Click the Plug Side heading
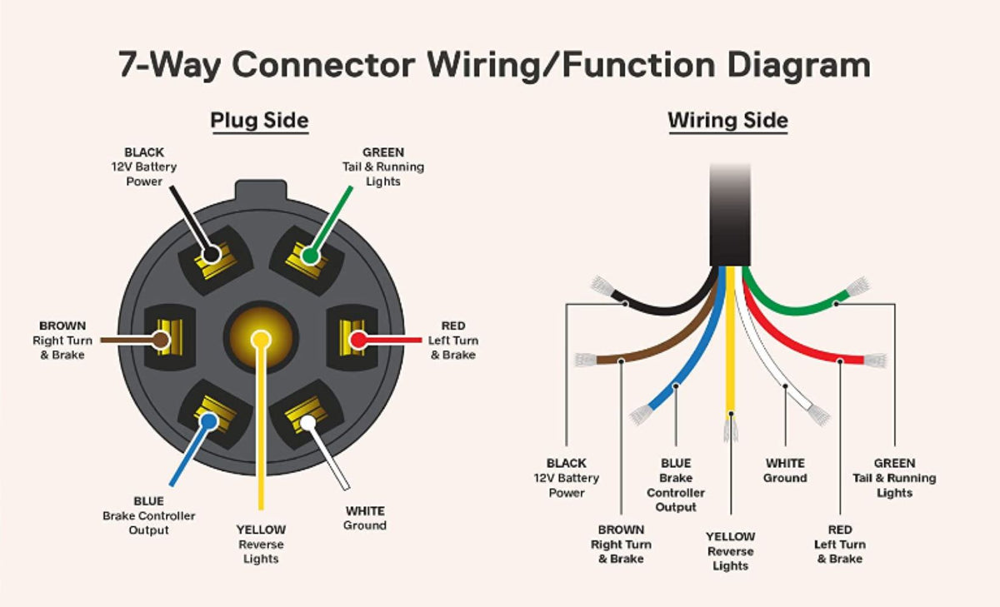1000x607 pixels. point(259,121)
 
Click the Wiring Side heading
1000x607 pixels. point(727,121)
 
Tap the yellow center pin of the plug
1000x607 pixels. point(261,339)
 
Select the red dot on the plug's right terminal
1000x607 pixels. point(357,340)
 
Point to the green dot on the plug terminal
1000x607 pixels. point(310,256)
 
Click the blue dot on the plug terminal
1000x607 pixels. point(207,421)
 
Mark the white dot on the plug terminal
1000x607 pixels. point(307,422)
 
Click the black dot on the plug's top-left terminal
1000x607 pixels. point(212,254)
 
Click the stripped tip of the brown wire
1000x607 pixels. point(585,361)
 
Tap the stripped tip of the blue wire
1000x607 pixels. point(640,414)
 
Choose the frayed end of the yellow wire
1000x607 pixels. point(731,429)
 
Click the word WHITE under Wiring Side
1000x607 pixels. point(785,463)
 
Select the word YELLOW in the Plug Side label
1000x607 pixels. point(261,530)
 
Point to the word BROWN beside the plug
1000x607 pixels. point(62,326)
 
